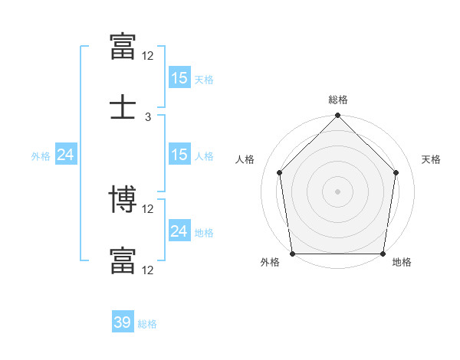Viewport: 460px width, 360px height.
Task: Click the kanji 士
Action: point(123,106)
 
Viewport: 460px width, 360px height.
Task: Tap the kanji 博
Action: point(123,198)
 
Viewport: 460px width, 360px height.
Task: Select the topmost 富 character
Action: point(123,46)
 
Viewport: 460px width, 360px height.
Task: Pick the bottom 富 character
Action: point(123,260)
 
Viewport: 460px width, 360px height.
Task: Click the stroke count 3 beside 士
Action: point(148,117)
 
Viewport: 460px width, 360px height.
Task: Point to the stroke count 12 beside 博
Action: point(147,209)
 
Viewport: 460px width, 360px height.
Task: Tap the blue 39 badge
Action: point(123,321)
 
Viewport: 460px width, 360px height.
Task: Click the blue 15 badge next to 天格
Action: point(179,77)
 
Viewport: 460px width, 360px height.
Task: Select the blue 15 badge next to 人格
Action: point(179,154)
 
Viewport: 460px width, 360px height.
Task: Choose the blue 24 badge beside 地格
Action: point(179,230)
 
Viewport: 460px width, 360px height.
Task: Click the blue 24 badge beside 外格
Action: point(66,154)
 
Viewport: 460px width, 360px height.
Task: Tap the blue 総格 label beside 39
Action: point(147,324)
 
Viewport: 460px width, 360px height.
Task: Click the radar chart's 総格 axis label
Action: point(338,100)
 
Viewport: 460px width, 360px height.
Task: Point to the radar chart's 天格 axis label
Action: point(431,159)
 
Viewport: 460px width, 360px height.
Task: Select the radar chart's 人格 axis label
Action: point(245,159)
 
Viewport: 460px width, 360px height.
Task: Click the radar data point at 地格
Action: point(383,254)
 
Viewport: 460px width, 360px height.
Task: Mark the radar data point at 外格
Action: point(293,254)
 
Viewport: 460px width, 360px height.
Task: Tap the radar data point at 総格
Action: point(337,115)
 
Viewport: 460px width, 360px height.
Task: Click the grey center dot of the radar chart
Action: point(337,191)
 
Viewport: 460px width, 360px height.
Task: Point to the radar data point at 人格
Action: point(280,172)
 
